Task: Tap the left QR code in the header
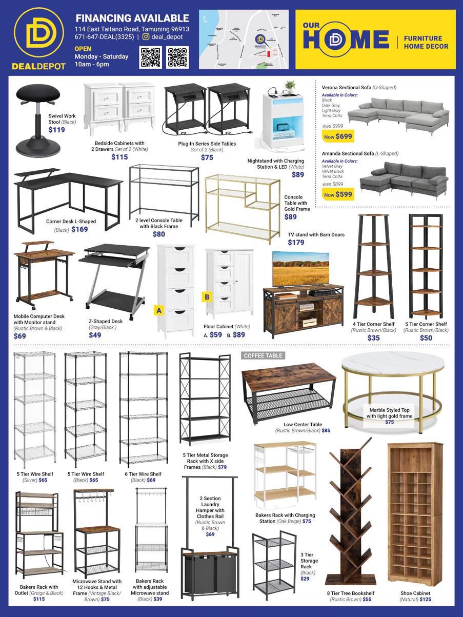[150, 57]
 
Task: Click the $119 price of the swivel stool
[56, 130]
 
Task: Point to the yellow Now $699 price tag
[338, 136]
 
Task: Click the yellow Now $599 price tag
[338, 194]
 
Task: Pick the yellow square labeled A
[158, 310]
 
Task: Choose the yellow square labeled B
[207, 296]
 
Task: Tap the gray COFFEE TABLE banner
[262, 355]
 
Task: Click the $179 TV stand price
[296, 243]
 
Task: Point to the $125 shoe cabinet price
[425, 599]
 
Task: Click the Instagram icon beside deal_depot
[146, 37]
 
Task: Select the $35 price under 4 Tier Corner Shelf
[373, 338]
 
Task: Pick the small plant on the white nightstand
[290, 85]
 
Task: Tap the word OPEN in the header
[83, 48]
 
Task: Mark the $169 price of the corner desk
[79, 229]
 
